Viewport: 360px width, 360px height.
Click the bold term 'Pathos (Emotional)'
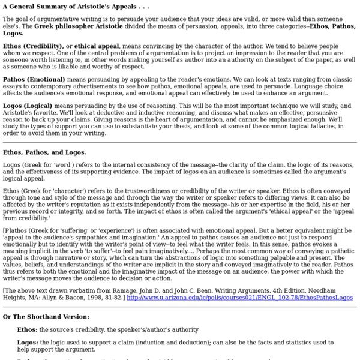(x=35, y=79)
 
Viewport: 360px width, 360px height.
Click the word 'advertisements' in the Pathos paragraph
(x=113, y=85)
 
